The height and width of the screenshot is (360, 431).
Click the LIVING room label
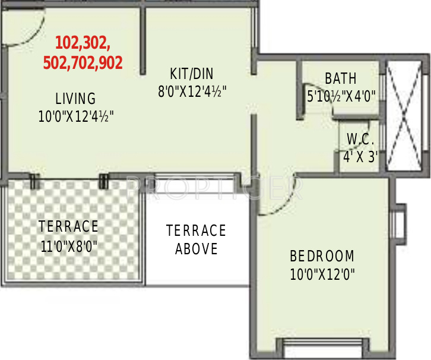click(75, 98)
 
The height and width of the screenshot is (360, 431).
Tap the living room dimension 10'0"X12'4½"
click(76, 116)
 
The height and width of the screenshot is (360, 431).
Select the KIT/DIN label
click(191, 74)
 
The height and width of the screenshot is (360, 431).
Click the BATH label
click(341, 78)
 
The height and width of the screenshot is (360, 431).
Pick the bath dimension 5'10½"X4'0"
click(341, 96)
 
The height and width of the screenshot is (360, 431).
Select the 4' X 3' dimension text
click(361, 158)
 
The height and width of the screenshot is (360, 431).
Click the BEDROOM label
click(322, 257)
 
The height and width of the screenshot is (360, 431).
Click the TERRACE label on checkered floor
click(68, 226)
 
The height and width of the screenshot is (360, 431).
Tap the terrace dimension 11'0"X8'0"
click(69, 245)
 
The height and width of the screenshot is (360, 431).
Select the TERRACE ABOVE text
click(196, 239)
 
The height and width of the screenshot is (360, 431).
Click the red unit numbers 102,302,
click(83, 43)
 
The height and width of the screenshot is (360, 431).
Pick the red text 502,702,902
click(83, 62)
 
